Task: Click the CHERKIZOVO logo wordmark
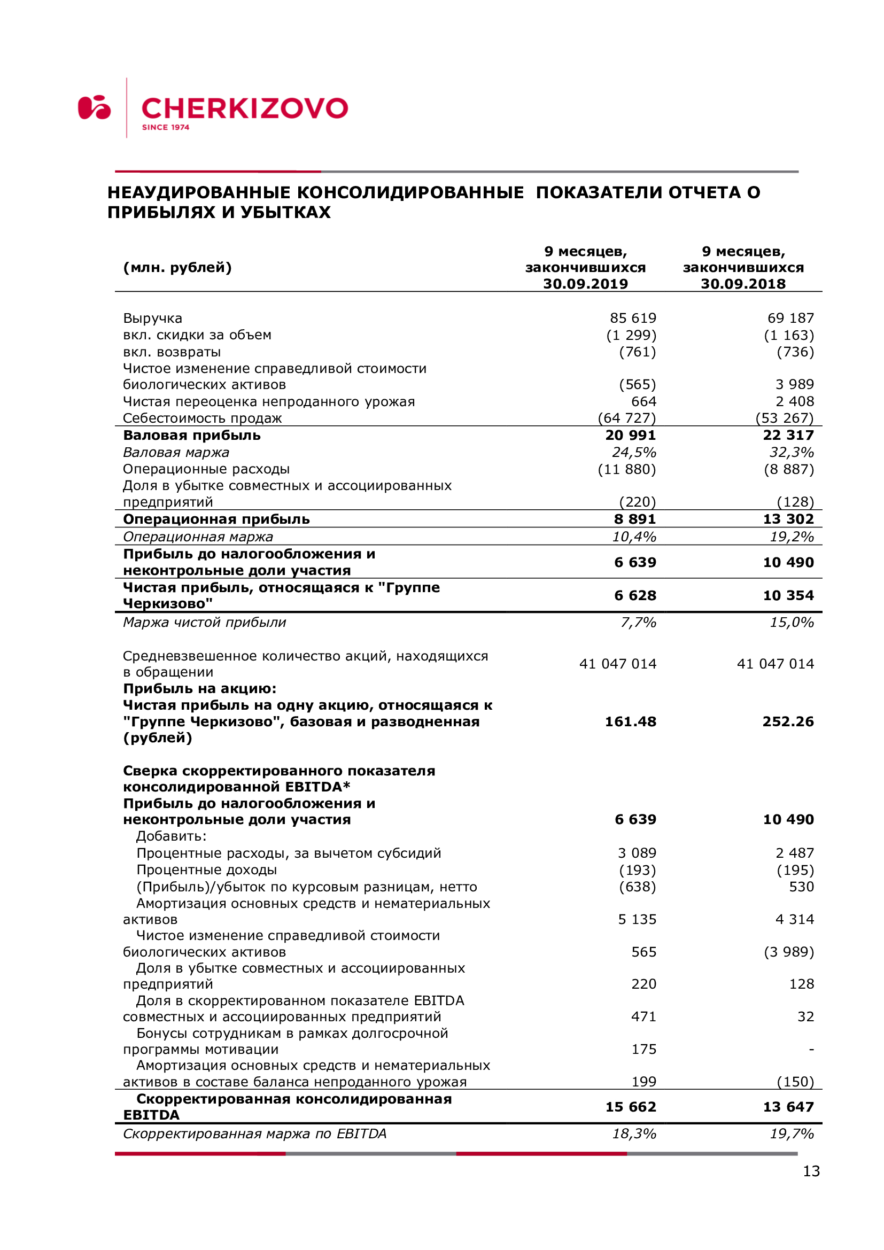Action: coord(244,108)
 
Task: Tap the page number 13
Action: coord(811,1170)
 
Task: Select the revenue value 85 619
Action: coord(632,318)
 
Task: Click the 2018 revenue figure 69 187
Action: coord(790,318)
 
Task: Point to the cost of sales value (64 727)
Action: coord(626,418)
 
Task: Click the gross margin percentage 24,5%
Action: coord(634,453)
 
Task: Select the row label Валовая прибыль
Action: coord(192,436)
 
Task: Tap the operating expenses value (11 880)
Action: coord(626,469)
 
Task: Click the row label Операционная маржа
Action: coord(198,537)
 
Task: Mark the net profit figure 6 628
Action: coord(635,595)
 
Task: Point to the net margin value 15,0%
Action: coord(792,622)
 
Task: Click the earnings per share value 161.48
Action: coord(630,722)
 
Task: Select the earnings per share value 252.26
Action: coord(788,722)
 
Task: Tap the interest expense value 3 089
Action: coord(637,853)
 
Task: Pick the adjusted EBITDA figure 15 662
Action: coord(631,1107)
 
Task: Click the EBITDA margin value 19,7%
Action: coord(792,1133)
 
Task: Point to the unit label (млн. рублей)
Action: coord(177,268)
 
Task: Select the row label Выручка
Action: coord(152,319)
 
